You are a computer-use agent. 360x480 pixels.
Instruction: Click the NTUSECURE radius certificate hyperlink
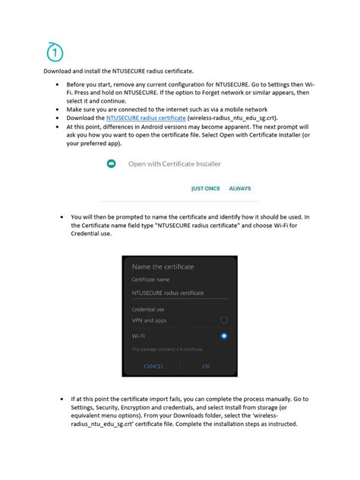[x=146, y=118]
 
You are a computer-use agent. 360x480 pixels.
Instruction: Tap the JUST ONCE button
[x=206, y=188]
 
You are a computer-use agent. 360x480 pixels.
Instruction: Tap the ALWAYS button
[x=240, y=188]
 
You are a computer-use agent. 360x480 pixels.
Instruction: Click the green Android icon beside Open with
[x=112, y=163]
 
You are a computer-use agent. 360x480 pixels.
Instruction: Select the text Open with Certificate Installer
[x=175, y=163]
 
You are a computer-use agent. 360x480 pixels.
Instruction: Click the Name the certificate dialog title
[x=163, y=267]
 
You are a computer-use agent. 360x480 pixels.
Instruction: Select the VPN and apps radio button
[x=223, y=321]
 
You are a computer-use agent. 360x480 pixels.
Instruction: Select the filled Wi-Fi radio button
[x=223, y=336]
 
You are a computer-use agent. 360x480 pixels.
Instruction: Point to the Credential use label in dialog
[x=149, y=309]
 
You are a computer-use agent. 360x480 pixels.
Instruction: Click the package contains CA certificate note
[x=166, y=349]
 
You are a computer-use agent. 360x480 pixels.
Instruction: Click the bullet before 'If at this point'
[x=61, y=399]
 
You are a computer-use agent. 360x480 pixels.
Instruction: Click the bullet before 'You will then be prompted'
[x=61, y=217]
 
